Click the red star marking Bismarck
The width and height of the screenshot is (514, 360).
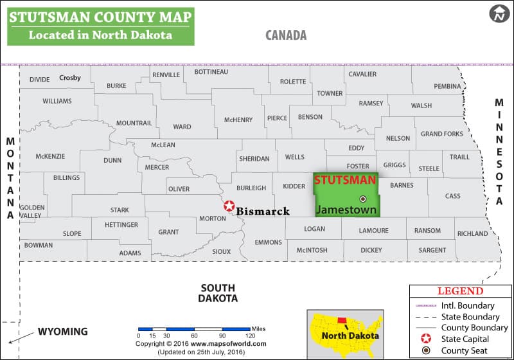pyautogui.click(x=229, y=206)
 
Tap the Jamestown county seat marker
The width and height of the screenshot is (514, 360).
pyautogui.click(x=362, y=199)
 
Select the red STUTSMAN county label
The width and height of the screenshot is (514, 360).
pyautogui.click(x=345, y=181)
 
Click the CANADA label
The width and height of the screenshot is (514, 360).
pyautogui.click(x=286, y=35)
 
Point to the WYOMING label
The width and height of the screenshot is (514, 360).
pyautogui.click(x=62, y=332)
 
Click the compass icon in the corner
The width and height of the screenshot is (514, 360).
pyautogui.click(x=498, y=13)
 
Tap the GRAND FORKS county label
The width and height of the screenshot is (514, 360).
pyautogui.click(x=441, y=134)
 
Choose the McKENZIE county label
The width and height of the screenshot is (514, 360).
pyautogui.click(x=50, y=156)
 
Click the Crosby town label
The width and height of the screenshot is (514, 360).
pyautogui.click(x=70, y=78)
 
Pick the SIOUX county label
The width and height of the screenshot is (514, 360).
pyautogui.click(x=221, y=251)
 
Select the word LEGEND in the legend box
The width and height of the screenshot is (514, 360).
pyautogui.click(x=460, y=291)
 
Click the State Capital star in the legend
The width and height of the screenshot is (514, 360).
pyautogui.click(x=425, y=339)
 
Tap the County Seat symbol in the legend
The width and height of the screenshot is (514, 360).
pyautogui.click(x=425, y=350)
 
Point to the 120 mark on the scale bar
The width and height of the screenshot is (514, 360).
pyautogui.click(x=250, y=336)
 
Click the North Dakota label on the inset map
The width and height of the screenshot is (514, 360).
pyautogui.click(x=351, y=336)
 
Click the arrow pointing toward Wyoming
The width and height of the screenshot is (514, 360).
pyautogui.click(x=21, y=336)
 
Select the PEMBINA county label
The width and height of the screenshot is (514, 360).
pyautogui.click(x=447, y=86)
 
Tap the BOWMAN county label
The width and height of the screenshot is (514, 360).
pyautogui.click(x=39, y=245)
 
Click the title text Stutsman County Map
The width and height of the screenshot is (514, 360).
pyautogui.click(x=100, y=16)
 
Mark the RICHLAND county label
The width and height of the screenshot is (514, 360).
pyautogui.click(x=472, y=234)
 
